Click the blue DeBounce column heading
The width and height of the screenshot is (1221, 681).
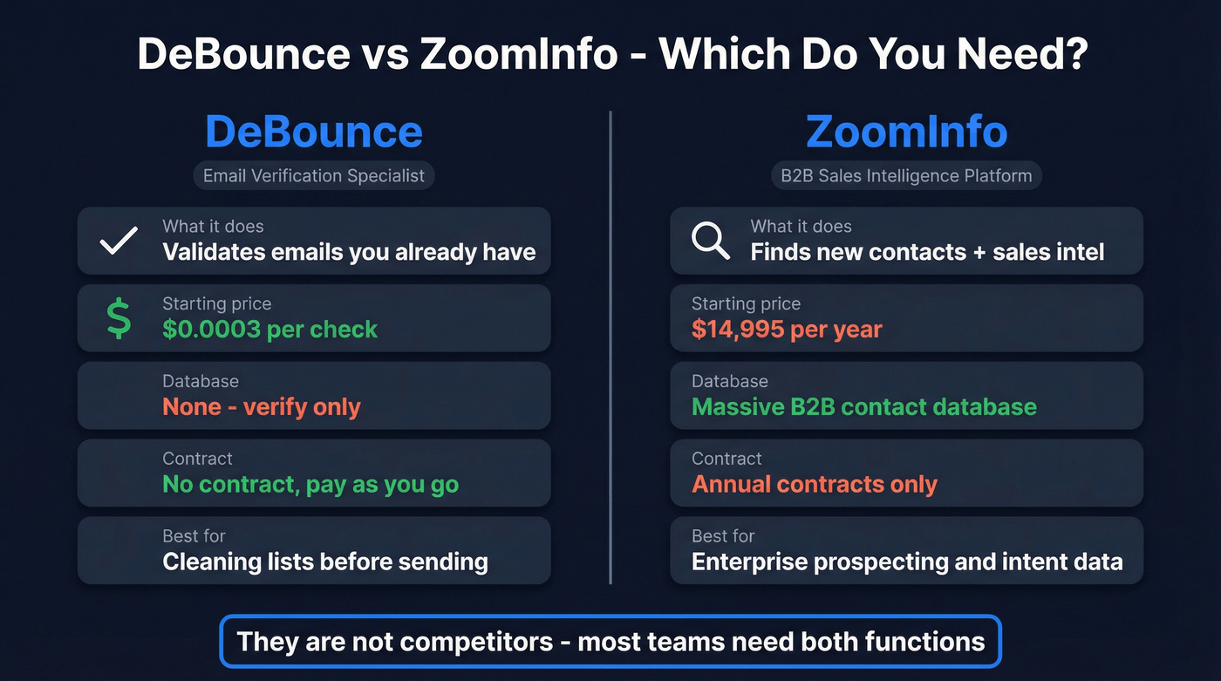[x=314, y=132]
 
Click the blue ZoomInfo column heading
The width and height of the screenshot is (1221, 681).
[x=906, y=132]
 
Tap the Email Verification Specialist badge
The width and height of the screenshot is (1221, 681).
[x=314, y=175]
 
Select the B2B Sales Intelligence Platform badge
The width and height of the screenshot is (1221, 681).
[x=906, y=175]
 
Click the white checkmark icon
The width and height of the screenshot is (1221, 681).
[x=119, y=241]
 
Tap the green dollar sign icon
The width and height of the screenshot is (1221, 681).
[x=119, y=318]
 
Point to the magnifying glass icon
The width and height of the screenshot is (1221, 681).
[x=710, y=241]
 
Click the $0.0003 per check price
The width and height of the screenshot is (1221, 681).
[x=269, y=330]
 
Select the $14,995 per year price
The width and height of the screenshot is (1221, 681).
[x=787, y=330]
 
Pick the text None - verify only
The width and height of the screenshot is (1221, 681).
[x=261, y=407]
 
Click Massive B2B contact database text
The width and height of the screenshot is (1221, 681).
[x=863, y=407]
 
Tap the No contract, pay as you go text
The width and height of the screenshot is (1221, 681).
[x=310, y=485]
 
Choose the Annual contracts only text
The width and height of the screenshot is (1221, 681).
[x=814, y=485]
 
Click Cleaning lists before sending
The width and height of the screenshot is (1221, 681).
[x=324, y=562]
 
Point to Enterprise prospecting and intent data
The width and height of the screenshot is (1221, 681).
[x=906, y=562]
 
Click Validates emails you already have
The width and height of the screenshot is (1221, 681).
[x=349, y=253]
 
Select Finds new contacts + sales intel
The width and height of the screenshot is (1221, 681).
[x=927, y=253]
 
